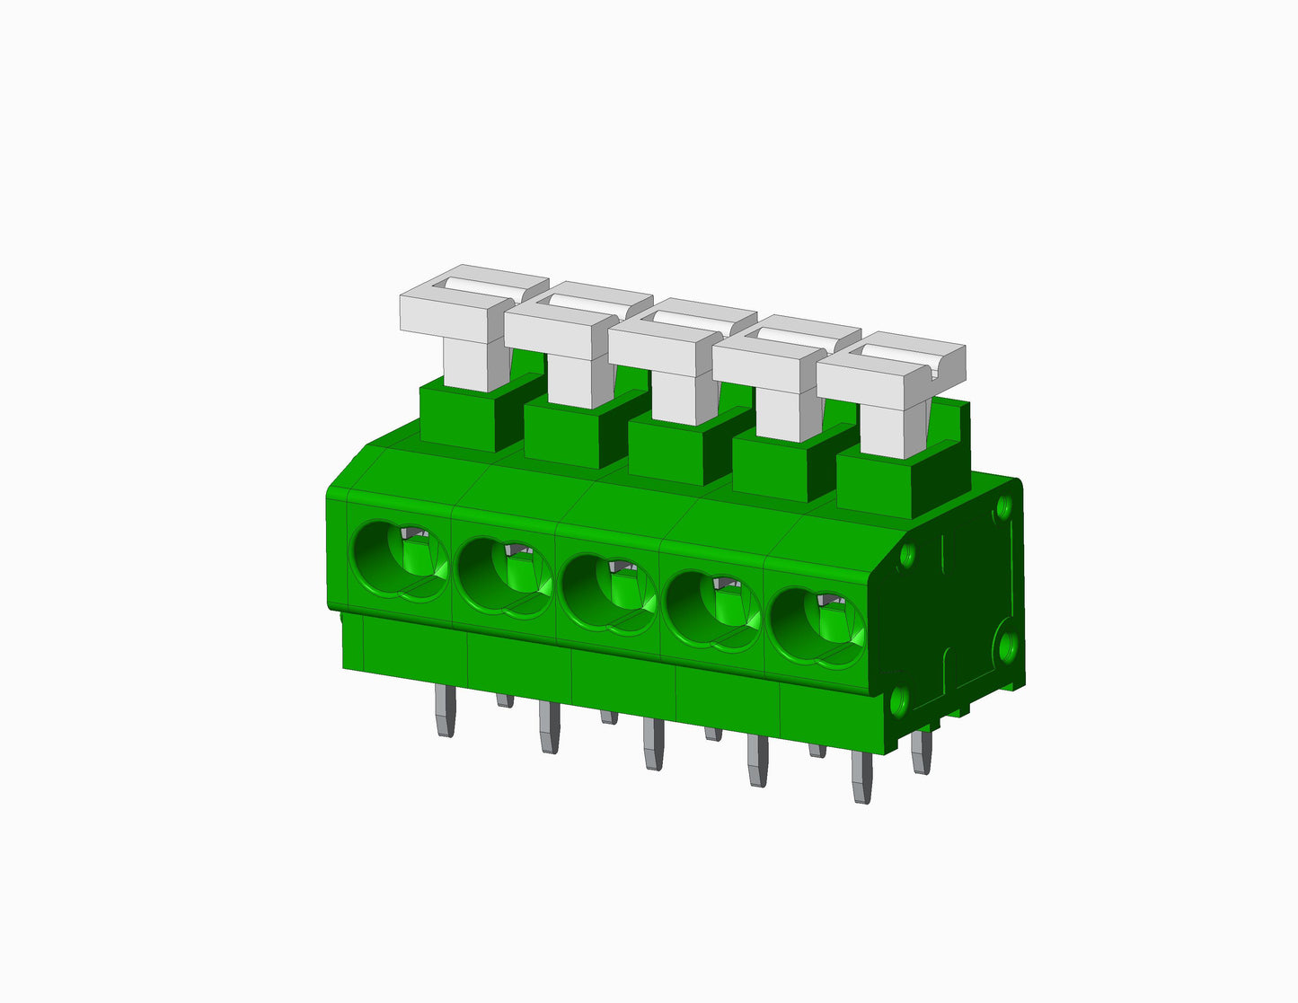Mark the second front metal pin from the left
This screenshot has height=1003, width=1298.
coord(549,728)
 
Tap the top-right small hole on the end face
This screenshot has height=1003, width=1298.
coord(1004,506)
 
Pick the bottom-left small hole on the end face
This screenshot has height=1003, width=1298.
coord(899,699)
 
